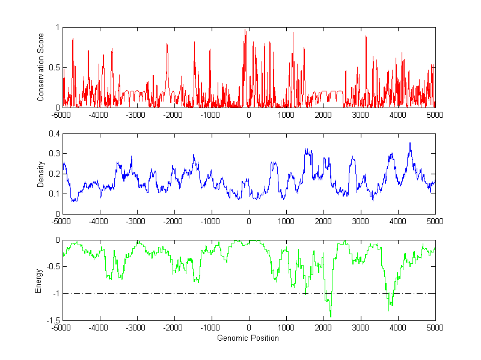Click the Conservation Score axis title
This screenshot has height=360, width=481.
[40, 67]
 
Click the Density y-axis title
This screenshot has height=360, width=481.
[40, 174]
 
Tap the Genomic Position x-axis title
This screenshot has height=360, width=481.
[248, 338]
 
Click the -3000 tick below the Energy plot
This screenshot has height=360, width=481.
[136, 328]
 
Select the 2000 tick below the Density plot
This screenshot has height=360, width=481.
[323, 221]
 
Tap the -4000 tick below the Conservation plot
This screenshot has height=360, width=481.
[99, 114]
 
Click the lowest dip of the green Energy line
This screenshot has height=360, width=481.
[331, 317]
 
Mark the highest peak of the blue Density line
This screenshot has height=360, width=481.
[410, 143]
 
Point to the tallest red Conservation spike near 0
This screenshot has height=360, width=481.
[245, 30]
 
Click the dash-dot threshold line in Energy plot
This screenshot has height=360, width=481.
[180, 294]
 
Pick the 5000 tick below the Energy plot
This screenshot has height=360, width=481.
[435, 328]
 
